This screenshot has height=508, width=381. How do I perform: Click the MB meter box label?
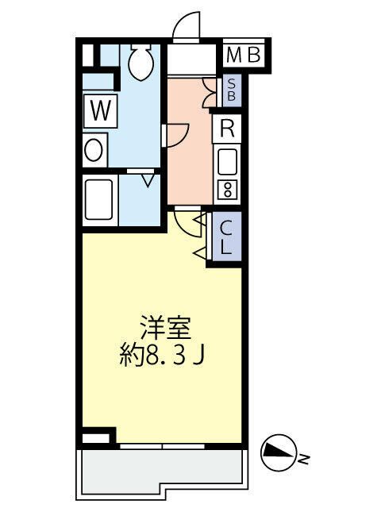coord(244,56)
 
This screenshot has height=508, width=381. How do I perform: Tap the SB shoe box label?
coord(231,89)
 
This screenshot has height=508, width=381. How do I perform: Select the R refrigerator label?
coord(227,128)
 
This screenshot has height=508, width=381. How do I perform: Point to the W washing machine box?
coord(99,111)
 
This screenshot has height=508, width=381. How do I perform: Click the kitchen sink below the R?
coord(228,162)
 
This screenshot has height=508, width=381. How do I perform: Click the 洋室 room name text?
coord(165,327)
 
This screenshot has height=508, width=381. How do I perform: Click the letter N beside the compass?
coord(303,458)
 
